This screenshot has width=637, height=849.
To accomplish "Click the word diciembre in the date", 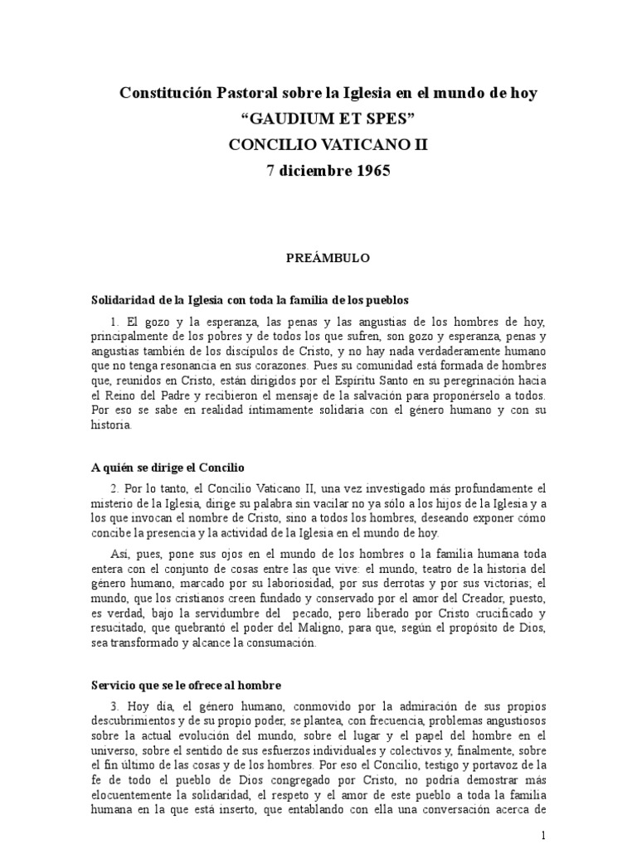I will (311, 171).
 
